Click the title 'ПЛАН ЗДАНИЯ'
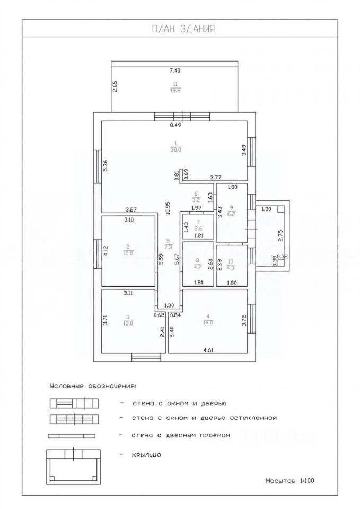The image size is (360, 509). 180,29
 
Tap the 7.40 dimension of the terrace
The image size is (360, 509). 175,71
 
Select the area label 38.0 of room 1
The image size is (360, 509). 175,150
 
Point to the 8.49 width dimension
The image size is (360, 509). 175,126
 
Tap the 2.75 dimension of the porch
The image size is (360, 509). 281,236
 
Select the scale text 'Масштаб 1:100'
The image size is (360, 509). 290,481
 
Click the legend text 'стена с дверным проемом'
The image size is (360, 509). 181,435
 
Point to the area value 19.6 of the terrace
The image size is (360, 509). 175,90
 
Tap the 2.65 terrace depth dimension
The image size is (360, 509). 115,86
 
